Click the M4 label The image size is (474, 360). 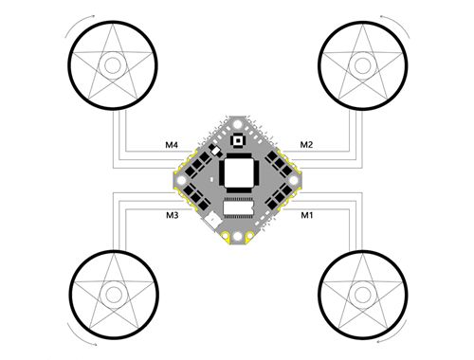coord(172,145)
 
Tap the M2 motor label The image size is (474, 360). coord(306,145)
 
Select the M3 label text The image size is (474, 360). coord(173,215)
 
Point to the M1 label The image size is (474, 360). coord(306,215)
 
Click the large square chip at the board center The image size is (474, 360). coord(238,172)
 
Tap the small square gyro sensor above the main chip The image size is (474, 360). coord(238,140)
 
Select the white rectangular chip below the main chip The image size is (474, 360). coord(238,207)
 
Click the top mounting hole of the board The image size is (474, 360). coord(238,123)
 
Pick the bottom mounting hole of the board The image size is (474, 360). coord(238,237)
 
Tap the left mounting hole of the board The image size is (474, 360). coord(181,180)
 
